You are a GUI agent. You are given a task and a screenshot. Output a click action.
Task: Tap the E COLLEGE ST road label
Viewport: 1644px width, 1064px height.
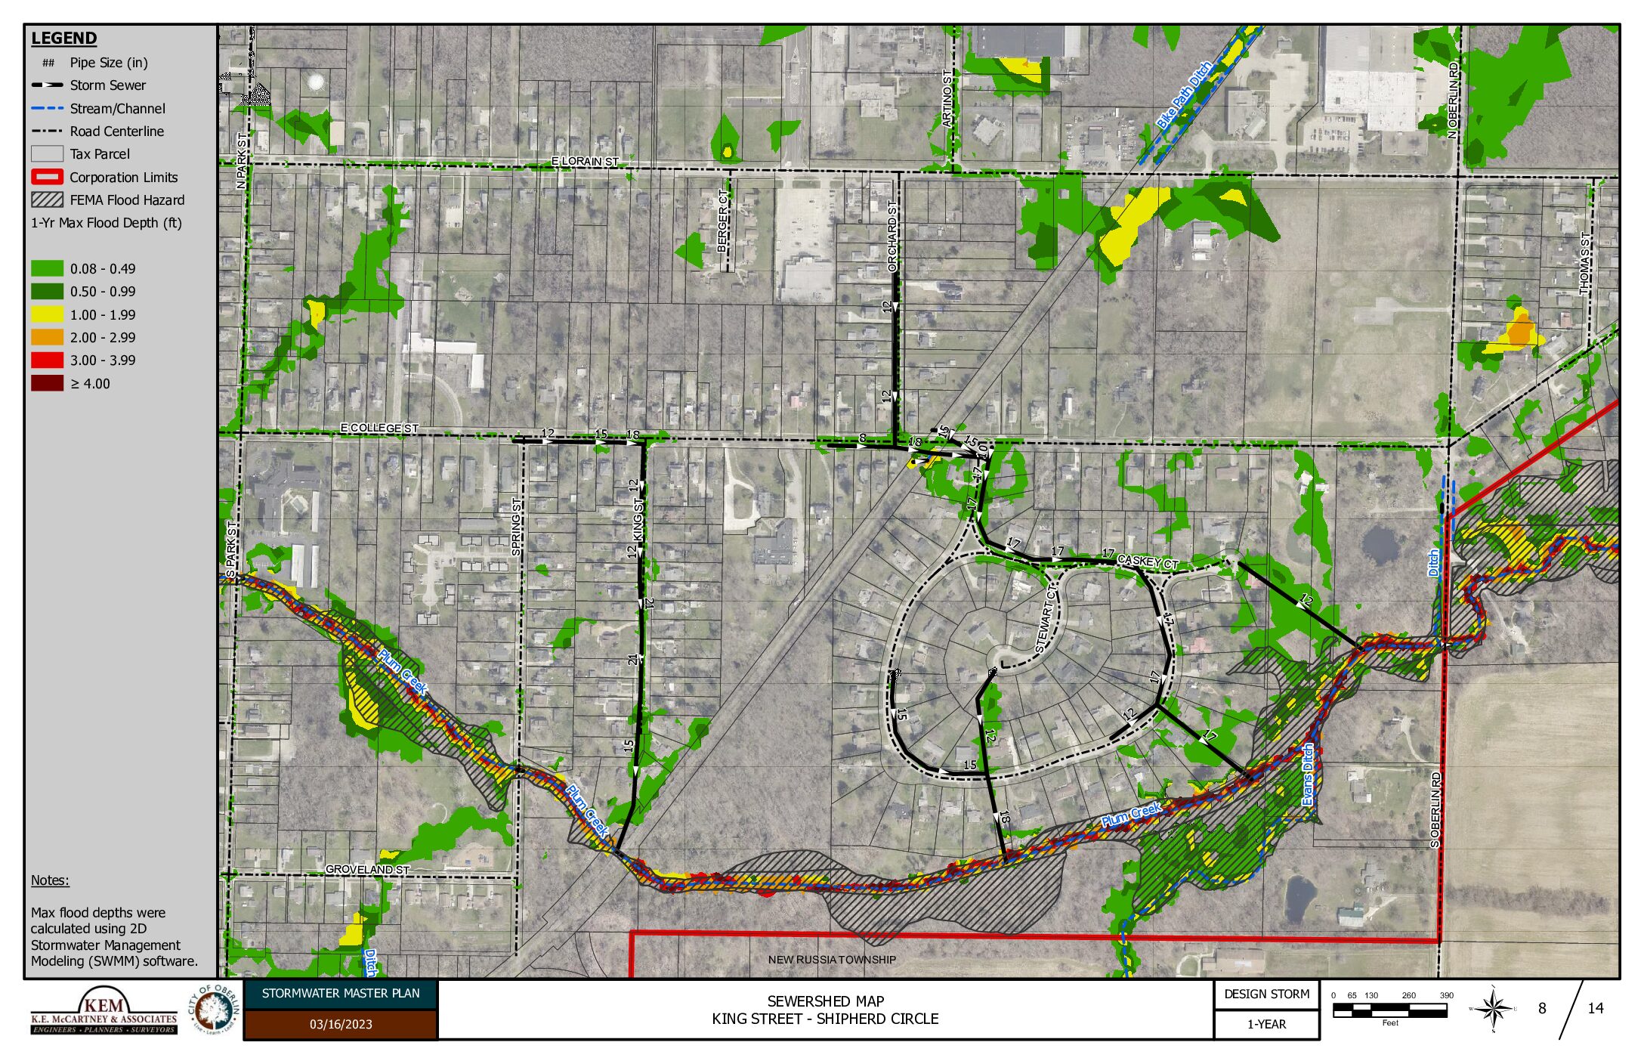[x=379, y=428]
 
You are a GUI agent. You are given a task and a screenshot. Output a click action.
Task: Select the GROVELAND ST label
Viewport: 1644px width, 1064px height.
[x=367, y=869]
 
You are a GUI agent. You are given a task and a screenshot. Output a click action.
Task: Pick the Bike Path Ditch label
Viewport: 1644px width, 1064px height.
[x=1184, y=94]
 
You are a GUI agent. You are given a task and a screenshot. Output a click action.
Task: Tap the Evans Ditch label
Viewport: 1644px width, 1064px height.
[x=1308, y=774]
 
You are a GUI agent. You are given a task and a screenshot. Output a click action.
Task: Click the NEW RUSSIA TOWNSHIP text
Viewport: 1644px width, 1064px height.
[x=832, y=959]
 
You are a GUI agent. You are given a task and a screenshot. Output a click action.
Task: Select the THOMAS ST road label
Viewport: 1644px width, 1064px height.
[x=1584, y=262]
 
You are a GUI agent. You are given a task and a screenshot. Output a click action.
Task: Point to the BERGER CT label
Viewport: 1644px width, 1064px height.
[x=723, y=221]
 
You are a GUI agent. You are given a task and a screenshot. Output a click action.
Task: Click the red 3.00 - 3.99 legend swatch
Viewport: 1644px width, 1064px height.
[x=47, y=360]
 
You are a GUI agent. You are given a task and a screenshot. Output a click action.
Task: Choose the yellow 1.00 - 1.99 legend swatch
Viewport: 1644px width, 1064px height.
[x=47, y=314]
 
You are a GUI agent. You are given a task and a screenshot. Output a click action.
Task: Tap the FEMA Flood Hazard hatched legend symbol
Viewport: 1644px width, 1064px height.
[x=47, y=199]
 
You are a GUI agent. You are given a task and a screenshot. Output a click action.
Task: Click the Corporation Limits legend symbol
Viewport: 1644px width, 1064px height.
[x=47, y=177]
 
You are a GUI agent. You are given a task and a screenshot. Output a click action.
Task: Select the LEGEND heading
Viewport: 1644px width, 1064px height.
[x=64, y=38]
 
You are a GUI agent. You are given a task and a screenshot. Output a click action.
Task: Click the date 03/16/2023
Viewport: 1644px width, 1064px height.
[x=340, y=1024]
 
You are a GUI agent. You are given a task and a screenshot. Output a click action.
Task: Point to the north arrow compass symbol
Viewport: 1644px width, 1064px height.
[x=1493, y=1008]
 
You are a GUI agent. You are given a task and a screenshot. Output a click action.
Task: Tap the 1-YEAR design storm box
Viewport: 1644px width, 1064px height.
[x=1266, y=1024]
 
